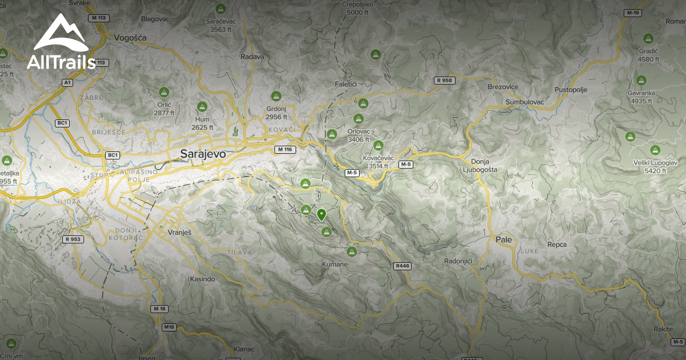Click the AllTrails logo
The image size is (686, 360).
[x=61, y=43]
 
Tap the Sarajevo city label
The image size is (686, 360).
[x=203, y=154]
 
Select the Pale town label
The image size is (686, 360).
[x=504, y=239]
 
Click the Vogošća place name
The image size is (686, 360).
[x=130, y=38]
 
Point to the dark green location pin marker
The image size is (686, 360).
[x=321, y=215]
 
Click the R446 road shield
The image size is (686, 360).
[x=402, y=266]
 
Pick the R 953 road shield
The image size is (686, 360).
[x=74, y=239]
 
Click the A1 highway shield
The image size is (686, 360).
[x=68, y=83]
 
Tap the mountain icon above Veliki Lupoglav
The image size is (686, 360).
[x=655, y=150]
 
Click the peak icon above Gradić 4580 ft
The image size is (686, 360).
[x=648, y=39]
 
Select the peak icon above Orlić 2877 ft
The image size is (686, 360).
[x=163, y=92]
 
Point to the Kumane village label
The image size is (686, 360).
[x=334, y=265]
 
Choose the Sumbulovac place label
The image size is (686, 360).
[x=525, y=102]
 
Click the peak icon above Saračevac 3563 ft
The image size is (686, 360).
[x=220, y=9]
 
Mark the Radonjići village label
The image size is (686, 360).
[x=458, y=261]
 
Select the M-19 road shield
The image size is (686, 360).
[x=633, y=13]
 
